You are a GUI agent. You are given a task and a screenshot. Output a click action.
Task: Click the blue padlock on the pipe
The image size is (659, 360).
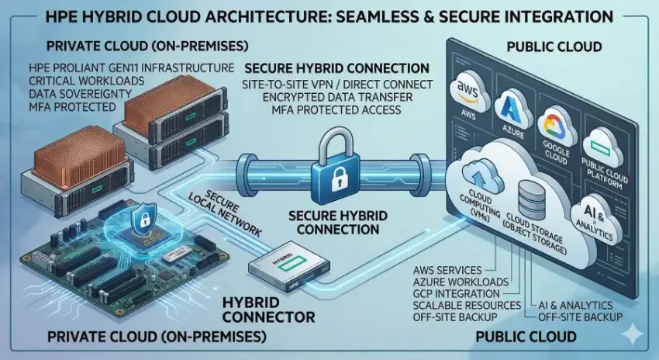(x=334, y=168)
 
